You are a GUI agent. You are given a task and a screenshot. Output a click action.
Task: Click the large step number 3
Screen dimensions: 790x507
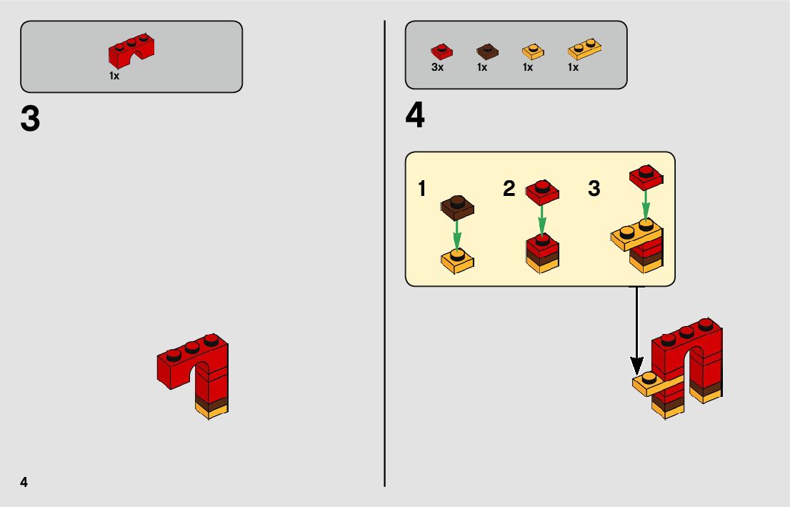click(x=30, y=119)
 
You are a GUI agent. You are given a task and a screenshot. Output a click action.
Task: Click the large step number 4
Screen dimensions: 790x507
click(x=415, y=117)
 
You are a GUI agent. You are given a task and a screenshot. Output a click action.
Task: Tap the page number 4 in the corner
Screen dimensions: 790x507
click(x=24, y=482)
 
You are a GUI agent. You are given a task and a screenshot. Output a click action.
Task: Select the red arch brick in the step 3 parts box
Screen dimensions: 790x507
click(x=132, y=50)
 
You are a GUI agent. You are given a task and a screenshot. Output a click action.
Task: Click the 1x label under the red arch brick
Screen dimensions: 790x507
click(x=114, y=76)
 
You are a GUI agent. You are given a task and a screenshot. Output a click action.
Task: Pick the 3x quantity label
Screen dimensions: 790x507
click(x=438, y=67)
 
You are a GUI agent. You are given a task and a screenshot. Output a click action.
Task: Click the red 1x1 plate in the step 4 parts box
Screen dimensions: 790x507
click(x=441, y=51)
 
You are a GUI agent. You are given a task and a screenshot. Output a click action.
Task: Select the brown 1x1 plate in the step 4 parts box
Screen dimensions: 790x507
click(x=487, y=51)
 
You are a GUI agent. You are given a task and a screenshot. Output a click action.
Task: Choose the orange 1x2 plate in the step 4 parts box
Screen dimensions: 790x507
click(x=584, y=49)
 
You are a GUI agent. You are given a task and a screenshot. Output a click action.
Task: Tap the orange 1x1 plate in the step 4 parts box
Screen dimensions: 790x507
click(x=532, y=51)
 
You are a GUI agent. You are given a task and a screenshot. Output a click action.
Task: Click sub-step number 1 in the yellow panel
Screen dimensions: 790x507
click(x=422, y=189)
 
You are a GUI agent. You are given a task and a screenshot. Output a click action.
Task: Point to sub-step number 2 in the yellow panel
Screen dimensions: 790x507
click(x=509, y=189)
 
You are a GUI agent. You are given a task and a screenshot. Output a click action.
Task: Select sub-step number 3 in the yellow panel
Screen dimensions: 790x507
click(x=594, y=189)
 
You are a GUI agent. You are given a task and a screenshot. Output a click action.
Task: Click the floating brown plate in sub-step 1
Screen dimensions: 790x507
click(x=457, y=207)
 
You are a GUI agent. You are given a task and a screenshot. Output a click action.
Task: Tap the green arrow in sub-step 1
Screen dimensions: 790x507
click(x=457, y=235)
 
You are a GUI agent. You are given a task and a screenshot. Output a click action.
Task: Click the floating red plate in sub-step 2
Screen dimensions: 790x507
click(x=542, y=191)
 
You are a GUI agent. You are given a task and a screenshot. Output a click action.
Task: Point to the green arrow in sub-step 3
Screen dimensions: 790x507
click(x=645, y=204)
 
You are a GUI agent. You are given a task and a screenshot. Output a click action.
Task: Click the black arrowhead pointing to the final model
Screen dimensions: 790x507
click(x=636, y=365)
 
